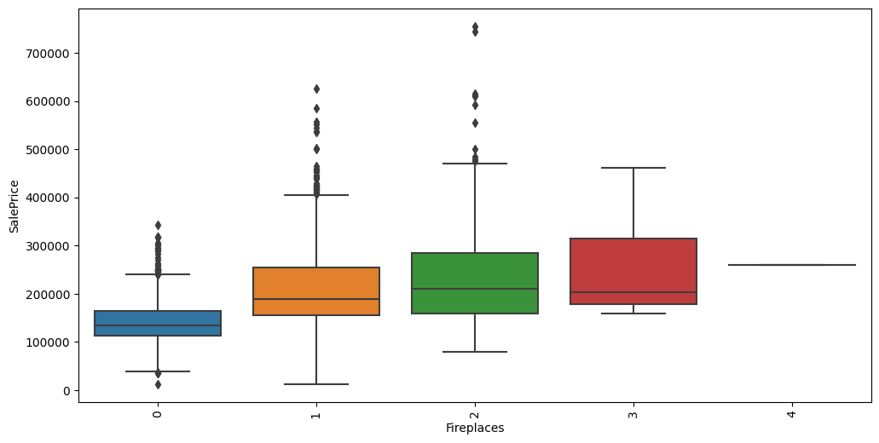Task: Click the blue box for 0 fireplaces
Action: pos(158,323)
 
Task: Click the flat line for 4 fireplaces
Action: pos(792,265)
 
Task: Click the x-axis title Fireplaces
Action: pos(475,429)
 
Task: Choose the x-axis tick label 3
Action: pos(633,414)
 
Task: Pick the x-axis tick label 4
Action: pos(792,414)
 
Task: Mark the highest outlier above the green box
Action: pos(475,27)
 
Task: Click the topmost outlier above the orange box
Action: pos(316,89)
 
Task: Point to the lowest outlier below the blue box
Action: pos(158,384)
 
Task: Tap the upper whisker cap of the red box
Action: pos(633,168)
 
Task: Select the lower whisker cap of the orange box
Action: pos(316,384)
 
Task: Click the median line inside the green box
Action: pos(475,289)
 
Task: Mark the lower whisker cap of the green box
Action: pos(475,352)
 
